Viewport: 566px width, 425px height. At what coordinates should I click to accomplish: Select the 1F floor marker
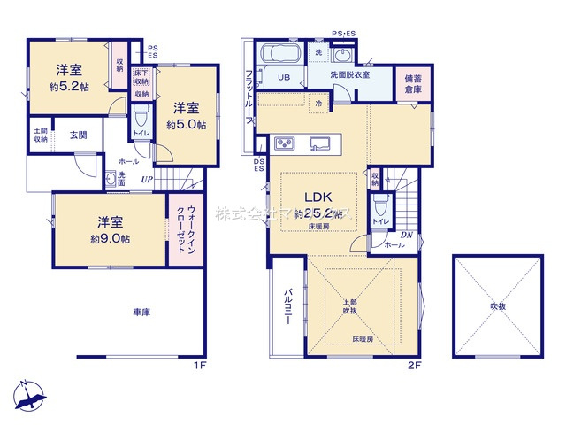pyautogui.click(x=200, y=364)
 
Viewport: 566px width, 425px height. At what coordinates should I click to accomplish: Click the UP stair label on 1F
pyautogui.click(x=146, y=180)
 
